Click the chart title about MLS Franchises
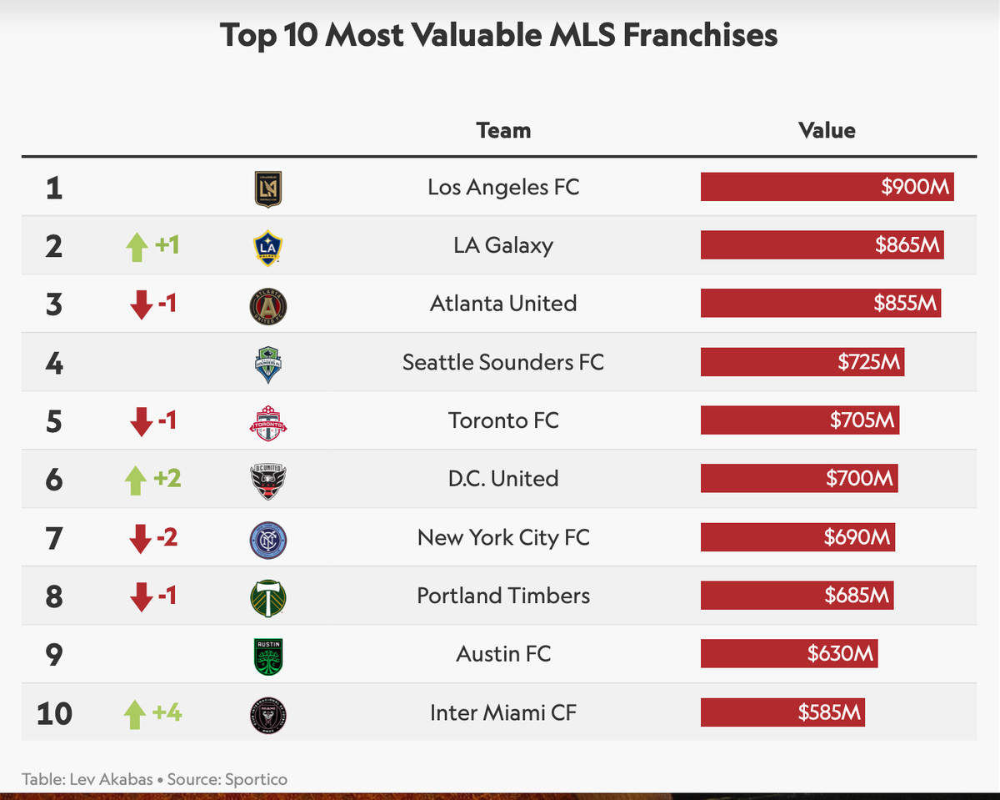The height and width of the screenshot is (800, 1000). [x=498, y=35]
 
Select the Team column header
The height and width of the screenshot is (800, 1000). [x=503, y=130]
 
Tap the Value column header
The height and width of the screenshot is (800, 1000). [x=827, y=130]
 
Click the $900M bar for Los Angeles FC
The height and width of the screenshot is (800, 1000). [x=827, y=187]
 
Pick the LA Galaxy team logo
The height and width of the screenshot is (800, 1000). [x=268, y=247]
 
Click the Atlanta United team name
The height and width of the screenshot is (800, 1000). [x=503, y=304]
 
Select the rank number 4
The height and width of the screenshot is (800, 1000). [x=54, y=363]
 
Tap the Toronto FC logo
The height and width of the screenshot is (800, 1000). [x=268, y=421]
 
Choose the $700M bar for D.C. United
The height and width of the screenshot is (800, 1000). [x=798, y=479]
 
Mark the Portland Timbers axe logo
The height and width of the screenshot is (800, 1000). [x=268, y=596]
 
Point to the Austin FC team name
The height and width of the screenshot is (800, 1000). [x=503, y=654]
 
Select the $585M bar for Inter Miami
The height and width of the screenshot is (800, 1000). [x=782, y=712]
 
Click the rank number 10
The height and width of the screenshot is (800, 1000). [x=54, y=713]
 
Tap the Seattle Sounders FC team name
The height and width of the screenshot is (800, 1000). [x=503, y=362]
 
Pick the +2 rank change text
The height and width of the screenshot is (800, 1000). [x=167, y=479]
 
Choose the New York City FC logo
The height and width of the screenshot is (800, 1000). [x=268, y=538]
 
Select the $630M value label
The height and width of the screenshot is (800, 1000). [x=840, y=654]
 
